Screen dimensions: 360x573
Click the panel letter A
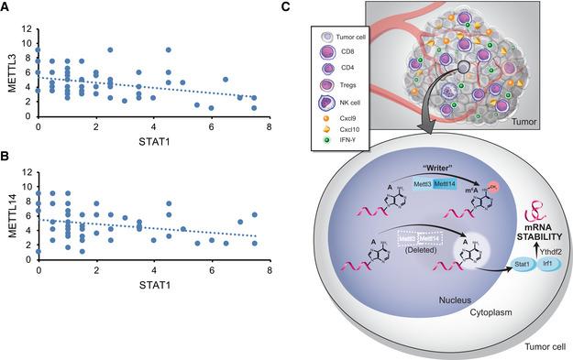pyautogui.click(x=6, y=6)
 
